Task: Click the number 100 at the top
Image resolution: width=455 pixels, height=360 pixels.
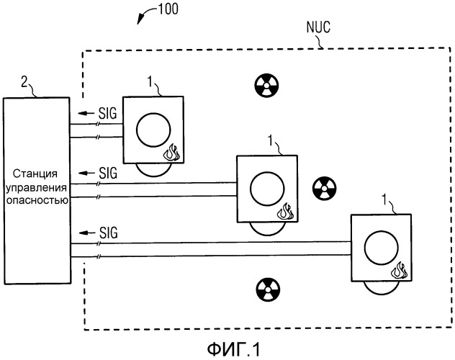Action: [x=168, y=9]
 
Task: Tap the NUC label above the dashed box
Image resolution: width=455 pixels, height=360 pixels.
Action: [x=318, y=27]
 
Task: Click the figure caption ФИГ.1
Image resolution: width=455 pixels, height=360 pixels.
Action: [x=233, y=349]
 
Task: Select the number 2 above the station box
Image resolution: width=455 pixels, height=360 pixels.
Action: [x=24, y=82]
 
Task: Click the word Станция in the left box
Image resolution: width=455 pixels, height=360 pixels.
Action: [x=35, y=174]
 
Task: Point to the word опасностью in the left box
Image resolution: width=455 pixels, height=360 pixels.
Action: [x=37, y=200]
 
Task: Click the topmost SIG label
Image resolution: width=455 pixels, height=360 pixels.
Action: [x=107, y=113]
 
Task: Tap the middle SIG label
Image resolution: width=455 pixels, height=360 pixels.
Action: [x=108, y=173]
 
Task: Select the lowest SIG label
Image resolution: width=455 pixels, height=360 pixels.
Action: [x=109, y=233]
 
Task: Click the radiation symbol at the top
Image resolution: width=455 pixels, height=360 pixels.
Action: [x=266, y=86]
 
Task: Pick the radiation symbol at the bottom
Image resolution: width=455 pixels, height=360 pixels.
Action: [x=269, y=289]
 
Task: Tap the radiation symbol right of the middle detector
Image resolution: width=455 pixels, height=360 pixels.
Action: [x=325, y=188]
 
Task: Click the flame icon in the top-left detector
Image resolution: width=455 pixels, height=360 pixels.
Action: [x=171, y=152]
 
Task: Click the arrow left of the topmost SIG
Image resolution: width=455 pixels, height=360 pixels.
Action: [x=86, y=113]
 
